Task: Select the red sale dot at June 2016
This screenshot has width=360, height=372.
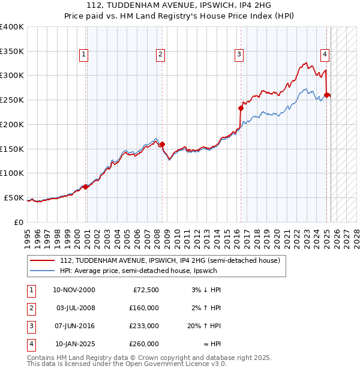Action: [241, 109]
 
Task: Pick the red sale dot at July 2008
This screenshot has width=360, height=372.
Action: [162, 143]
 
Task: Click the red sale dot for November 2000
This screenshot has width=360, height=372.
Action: [86, 187]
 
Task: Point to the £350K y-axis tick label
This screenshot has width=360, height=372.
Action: [12, 52]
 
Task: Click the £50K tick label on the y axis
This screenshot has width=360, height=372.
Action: [14, 198]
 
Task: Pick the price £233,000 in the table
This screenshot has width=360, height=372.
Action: [144, 326]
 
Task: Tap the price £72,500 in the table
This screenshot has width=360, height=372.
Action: [146, 290]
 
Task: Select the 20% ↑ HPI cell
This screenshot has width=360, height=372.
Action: [205, 326]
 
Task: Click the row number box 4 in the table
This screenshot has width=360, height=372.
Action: [31, 344]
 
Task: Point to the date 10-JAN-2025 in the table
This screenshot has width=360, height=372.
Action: [74, 344]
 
